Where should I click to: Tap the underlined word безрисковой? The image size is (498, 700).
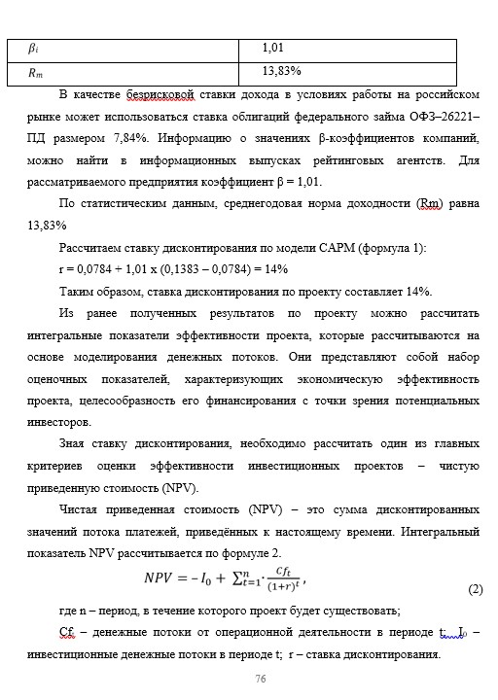[x=169, y=94]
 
